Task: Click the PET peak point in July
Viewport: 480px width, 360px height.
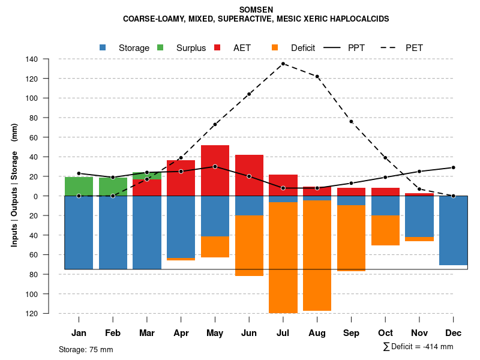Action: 283,64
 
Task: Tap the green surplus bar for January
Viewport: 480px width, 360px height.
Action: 79,186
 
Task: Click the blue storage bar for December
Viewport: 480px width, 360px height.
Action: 453,230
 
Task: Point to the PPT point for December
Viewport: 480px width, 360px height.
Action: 454,167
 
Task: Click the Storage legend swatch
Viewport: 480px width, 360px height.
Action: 103,47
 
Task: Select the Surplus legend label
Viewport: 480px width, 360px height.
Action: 191,48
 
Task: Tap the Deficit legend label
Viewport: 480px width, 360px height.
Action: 303,48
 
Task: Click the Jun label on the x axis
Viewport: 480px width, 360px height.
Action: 249,333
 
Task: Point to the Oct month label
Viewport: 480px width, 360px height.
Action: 385,333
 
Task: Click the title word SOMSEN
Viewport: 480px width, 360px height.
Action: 256,10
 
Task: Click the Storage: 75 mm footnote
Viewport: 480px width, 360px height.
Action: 86,349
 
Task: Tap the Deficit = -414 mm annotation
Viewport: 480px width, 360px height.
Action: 418,346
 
